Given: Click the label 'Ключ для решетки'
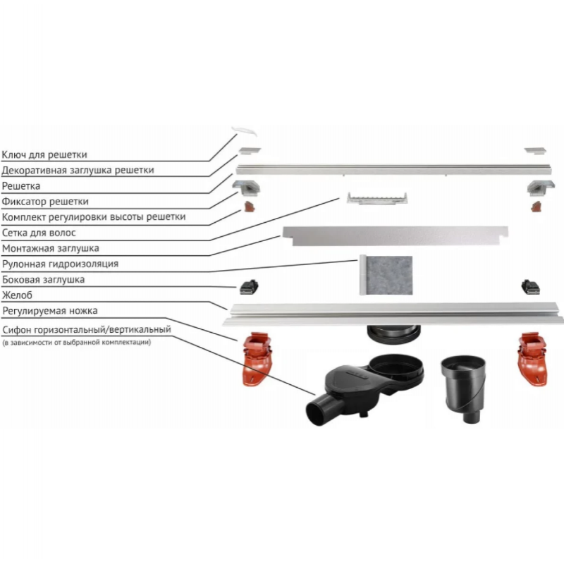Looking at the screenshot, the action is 44,154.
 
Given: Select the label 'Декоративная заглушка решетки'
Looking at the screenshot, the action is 78,170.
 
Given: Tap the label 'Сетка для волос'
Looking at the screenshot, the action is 39,233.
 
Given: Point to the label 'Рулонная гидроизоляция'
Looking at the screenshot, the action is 61,264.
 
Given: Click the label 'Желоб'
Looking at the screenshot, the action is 17,295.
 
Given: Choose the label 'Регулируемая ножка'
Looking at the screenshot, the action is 50,311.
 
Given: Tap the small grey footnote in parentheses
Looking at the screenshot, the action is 77,343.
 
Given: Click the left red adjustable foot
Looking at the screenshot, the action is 257,359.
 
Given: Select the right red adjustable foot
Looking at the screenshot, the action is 533,359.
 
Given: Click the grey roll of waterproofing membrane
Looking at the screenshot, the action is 386,275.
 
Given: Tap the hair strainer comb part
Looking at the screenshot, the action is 377,199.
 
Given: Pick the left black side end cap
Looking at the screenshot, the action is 249,287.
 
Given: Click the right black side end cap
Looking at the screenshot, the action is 531,287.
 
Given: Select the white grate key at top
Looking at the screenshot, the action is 244,131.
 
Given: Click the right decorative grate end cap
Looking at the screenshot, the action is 535,151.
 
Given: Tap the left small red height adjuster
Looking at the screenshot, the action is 249,207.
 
